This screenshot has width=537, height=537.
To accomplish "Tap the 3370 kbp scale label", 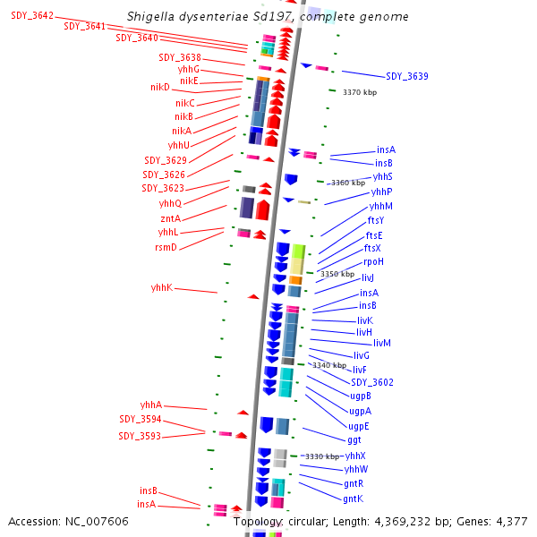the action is [360, 92].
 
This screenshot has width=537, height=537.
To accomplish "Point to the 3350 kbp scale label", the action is [337, 274].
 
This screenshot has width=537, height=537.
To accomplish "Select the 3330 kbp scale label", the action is [322, 456].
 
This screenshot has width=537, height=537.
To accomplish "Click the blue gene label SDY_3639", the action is [406, 77].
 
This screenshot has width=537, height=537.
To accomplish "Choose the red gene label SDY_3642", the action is [32, 16].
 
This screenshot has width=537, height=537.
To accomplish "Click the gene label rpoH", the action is [373, 261].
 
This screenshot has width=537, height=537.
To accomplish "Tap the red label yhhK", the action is [161, 288].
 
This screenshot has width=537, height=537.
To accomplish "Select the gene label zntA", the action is [170, 218].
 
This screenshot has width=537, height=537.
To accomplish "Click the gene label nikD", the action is [160, 88].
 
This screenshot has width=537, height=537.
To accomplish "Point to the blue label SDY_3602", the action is [372, 382].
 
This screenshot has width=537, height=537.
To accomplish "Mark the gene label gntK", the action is [354, 499].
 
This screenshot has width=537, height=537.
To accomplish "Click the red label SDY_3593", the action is [140, 437].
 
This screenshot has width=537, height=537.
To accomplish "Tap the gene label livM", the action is [382, 343].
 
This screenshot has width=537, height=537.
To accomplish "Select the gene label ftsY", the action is [376, 220].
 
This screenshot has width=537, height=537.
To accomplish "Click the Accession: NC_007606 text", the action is [68, 521].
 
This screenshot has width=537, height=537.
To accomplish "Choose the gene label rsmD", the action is [166, 247].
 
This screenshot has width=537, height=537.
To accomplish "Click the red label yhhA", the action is [151, 405].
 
